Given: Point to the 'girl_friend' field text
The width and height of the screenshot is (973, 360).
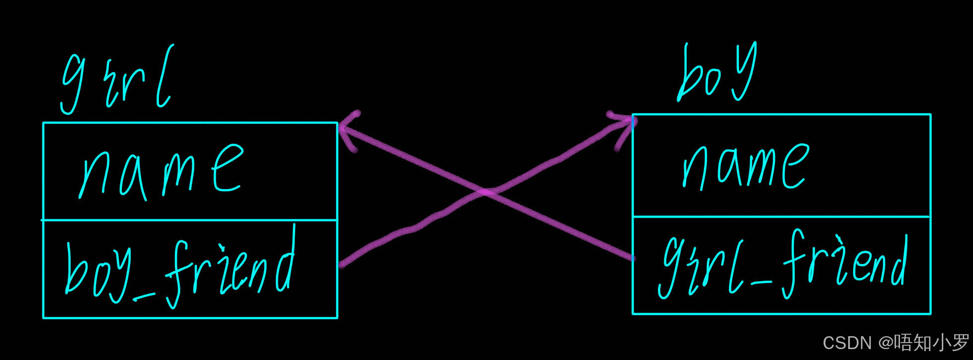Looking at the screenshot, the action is [784, 265].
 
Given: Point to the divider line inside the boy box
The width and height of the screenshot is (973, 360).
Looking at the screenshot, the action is [781, 216].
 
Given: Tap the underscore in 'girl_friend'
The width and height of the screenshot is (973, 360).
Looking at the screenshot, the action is [762, 283].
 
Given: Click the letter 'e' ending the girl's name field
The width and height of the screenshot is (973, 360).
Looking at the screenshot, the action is [228, 169].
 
